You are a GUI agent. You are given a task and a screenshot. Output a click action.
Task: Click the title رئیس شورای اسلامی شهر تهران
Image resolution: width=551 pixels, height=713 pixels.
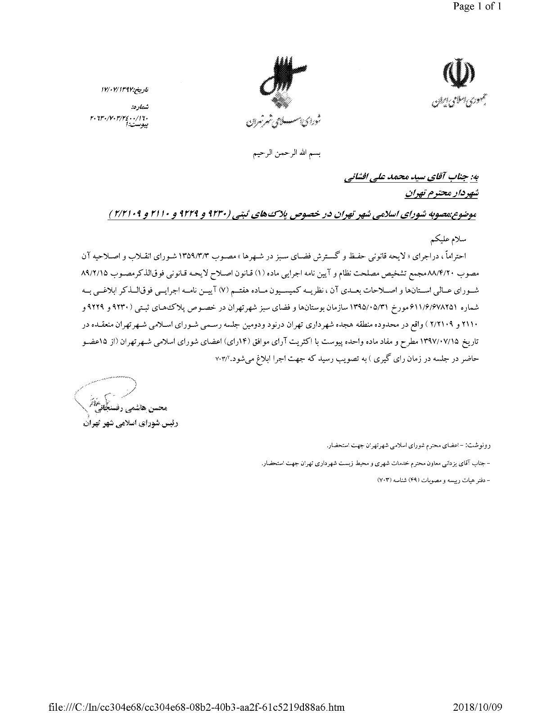[x=131, y=424]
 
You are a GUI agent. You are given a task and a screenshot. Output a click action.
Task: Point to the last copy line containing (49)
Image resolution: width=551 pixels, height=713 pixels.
[x=432, y=480]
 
